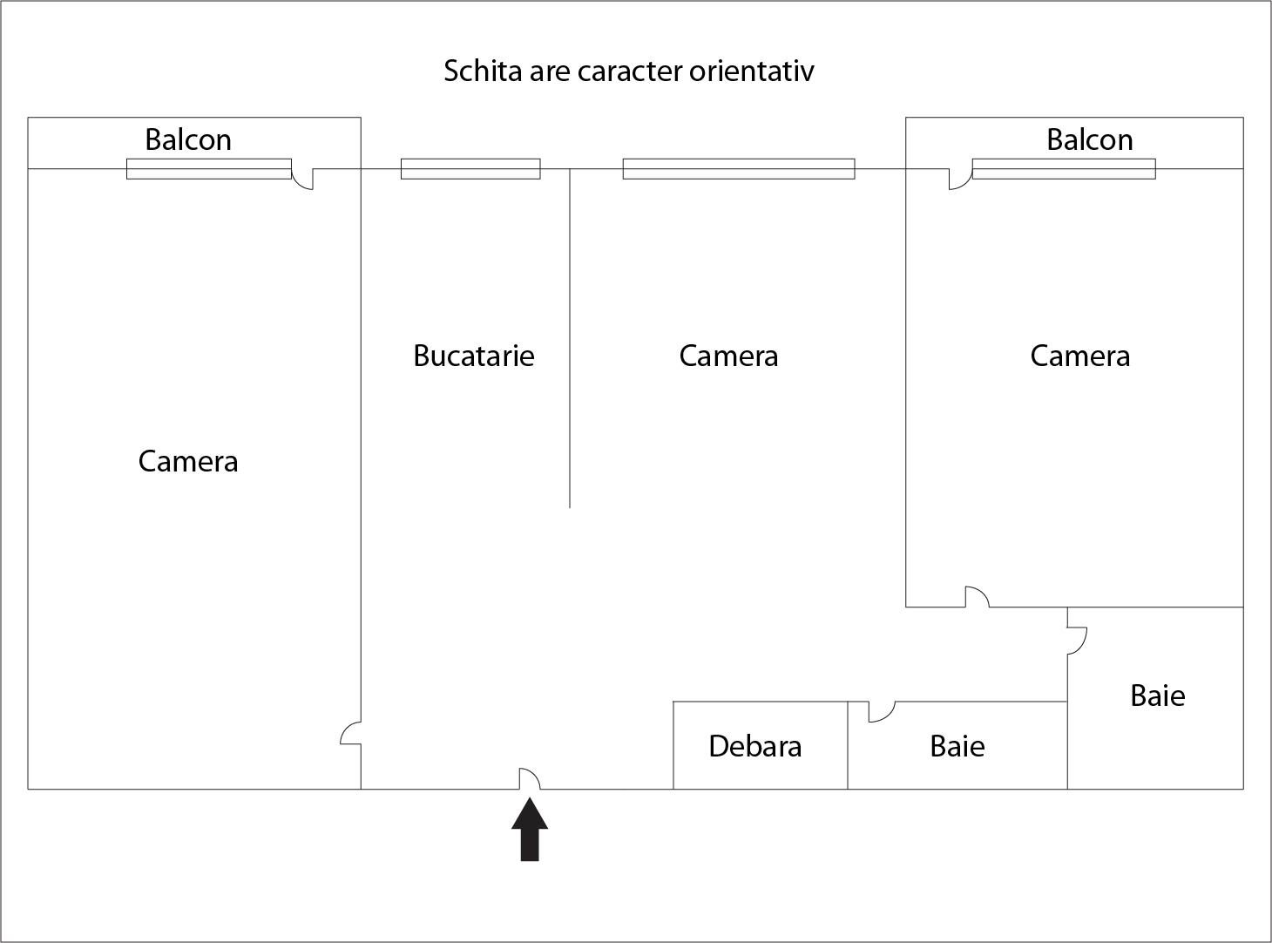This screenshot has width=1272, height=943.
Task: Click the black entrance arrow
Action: tap(530, 829)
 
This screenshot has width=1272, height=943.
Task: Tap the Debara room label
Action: tap(754, 746)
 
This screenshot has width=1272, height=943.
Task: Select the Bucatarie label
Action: tap(474, 356)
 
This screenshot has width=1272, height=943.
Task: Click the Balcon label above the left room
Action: tap(188, 139)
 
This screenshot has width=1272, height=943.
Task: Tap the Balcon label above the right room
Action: tap(1090, 139)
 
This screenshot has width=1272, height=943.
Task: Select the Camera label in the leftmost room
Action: tap(188, 461)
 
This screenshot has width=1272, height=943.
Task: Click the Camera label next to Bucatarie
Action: tap(728, 356)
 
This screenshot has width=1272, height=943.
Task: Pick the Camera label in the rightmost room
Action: tap(1079, 356)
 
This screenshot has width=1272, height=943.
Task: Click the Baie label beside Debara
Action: tap(957, 746)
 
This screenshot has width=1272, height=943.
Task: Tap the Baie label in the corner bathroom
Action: tap(1157, 695)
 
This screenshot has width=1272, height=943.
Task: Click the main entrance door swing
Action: tap(530, 778)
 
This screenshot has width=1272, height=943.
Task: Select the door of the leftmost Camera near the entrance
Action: tap(350, 733)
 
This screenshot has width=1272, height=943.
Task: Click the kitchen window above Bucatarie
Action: tap(470, 169)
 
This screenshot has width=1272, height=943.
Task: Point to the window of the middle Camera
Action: tap(739, 169)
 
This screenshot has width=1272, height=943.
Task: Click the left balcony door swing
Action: tap(302, 179)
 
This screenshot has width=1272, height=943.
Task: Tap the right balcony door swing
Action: tap(961, 179)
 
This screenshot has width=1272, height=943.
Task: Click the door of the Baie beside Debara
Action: tap(882, 712)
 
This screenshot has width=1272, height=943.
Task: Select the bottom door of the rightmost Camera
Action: tap(978, 597)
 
